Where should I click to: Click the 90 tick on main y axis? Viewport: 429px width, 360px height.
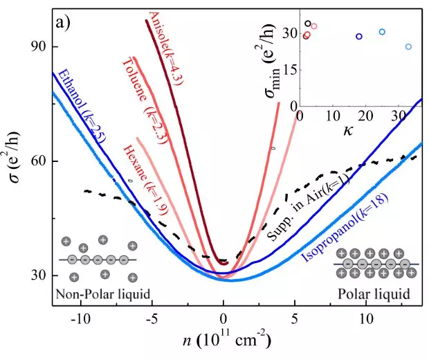(x=38, y=46)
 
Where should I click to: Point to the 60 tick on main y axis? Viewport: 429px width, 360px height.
(x=38, y=161)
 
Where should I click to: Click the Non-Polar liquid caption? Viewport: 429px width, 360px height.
(x=103, y=294)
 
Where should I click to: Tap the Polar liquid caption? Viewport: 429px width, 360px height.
(x=374, y=294)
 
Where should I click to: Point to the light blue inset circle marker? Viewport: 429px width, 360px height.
(x=408, y=47)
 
